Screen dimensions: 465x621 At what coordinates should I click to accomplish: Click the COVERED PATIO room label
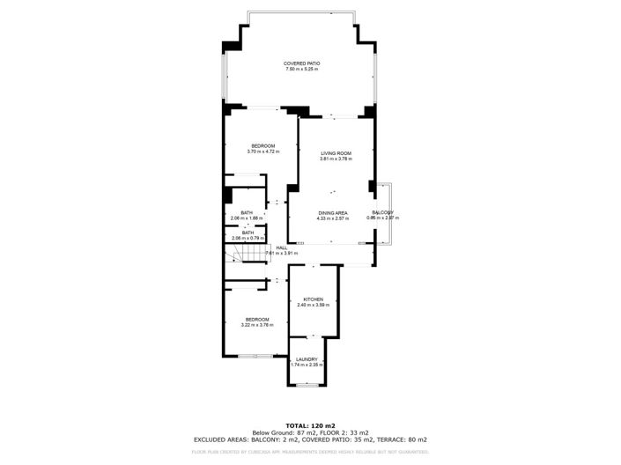[301, 63]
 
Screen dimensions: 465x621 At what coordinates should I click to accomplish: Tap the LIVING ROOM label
[336, 153]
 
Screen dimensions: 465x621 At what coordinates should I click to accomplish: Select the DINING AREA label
[333, 212]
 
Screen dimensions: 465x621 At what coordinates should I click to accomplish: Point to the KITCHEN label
[314, 299]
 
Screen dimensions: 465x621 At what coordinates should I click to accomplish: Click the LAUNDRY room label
[307, 358]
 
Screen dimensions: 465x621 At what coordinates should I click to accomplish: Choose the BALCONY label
[382, 212]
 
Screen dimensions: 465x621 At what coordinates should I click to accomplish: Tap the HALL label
[282, 247]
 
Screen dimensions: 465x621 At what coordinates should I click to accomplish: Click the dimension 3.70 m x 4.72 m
[262, 151]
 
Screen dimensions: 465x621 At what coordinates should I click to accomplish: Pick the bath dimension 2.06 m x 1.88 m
[248, 218]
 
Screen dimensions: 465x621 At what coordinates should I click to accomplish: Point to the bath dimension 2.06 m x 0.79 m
[248, 238]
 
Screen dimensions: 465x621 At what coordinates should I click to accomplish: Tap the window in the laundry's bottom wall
[307, 385]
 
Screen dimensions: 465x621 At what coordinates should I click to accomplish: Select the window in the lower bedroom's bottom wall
[255, 356]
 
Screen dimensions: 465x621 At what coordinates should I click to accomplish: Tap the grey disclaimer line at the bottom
[310, 452]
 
